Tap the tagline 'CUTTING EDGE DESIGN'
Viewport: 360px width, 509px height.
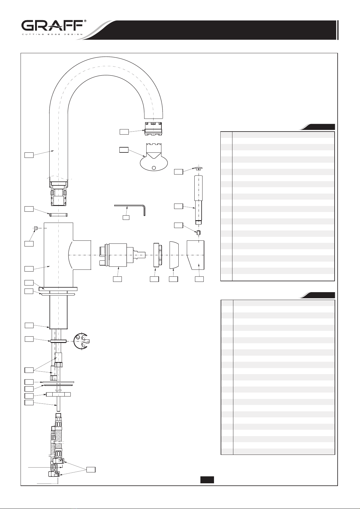click(52, 34)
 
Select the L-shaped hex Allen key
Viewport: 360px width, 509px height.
click(130, 210)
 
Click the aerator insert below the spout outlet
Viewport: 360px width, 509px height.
click(153, 129)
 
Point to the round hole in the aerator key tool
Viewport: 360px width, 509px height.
click(154, 168)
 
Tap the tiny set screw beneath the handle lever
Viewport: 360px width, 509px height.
click(198, 233)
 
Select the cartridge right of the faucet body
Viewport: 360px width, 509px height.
click(122, 255)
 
